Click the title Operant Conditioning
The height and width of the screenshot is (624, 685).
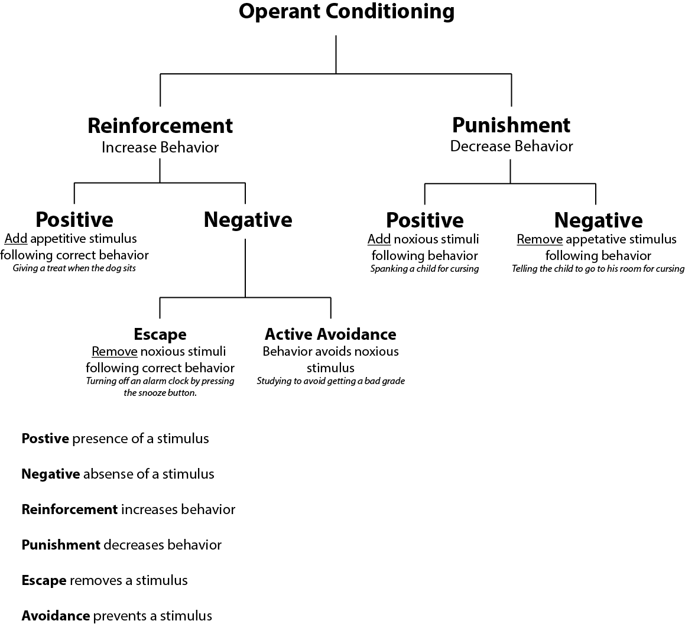click(346, 12)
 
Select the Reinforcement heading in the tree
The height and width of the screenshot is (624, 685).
click(160, 126)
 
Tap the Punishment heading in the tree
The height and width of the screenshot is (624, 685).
click(511, 125)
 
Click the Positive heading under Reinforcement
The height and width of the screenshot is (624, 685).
click(74, 219)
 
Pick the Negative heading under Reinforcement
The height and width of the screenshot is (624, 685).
click(248, 219)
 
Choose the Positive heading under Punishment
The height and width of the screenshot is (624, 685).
click(424, 220)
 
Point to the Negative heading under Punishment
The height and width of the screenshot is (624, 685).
click(598, 220)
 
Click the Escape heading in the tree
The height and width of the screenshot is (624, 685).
click(160, 334)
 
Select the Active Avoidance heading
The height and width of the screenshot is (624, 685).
click(330, 334)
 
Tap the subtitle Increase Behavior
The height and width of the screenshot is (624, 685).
click(160, 148)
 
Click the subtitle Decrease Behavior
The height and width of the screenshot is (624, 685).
click(511, 147)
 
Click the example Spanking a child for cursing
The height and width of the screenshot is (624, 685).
click(424, 269)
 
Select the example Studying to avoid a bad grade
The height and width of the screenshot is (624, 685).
click(330, 381)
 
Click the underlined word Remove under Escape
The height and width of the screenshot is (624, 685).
click(115, 352)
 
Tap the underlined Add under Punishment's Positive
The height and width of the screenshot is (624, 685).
click(379, 239)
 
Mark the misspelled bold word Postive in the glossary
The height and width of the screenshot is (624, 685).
click(45, 438)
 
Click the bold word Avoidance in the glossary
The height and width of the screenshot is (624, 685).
click(56, 616)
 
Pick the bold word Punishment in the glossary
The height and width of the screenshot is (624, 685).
click(60, 545)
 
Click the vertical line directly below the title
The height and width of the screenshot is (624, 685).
click(336, 54)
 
